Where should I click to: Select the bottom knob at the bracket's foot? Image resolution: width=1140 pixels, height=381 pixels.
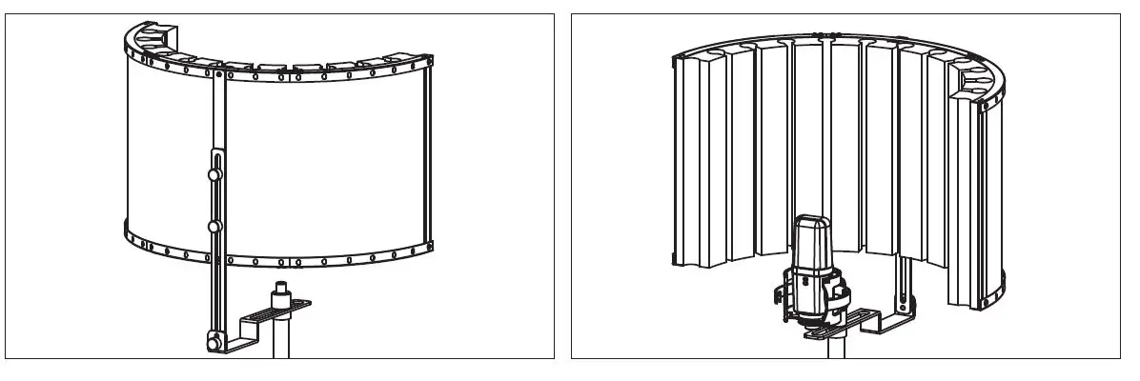tap(212, 339)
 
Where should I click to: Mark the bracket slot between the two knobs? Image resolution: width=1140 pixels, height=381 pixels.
tap(216, 201)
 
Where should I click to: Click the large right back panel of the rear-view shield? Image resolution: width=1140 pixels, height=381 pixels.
tap(324, 162)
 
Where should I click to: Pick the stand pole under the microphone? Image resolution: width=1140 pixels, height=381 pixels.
tap(838, 350)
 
